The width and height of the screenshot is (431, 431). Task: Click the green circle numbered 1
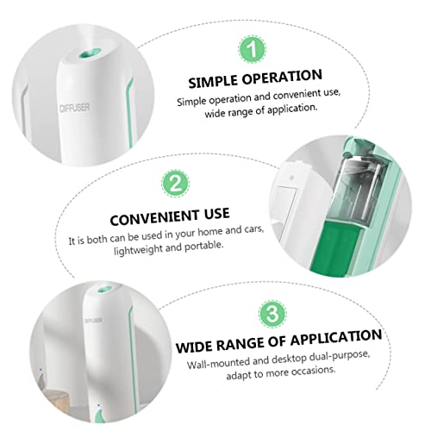coord(253,49)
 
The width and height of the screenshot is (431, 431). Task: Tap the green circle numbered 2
coord(175,184)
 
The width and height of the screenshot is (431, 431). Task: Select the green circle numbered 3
coord(272,314)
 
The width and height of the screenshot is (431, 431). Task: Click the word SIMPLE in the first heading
coord(213,81)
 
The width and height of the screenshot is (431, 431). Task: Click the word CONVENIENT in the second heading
coord(154,218)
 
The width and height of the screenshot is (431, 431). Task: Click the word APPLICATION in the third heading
coord(336,337)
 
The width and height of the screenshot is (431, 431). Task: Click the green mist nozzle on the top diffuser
coord(90,53)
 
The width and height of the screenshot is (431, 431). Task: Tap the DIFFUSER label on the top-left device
coord(75,108)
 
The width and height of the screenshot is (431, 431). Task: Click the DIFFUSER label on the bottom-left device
coord(93,321)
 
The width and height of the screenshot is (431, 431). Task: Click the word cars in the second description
coord(253,230)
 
